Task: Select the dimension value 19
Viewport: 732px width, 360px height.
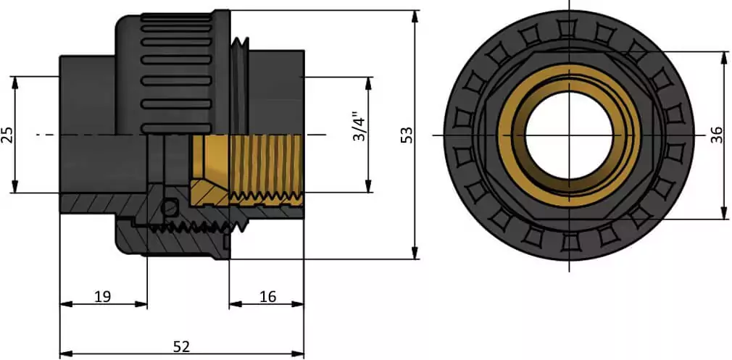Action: [x=102, y=296]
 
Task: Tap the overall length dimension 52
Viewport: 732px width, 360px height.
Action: [x=181, y=347]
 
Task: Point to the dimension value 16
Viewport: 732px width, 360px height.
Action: [x=267, y=296]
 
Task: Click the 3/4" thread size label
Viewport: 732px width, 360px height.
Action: [x=358, y=127]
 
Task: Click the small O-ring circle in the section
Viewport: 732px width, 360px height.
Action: [x=170, y=208]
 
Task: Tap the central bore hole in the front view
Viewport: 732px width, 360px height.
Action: [x=570, y=135]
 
